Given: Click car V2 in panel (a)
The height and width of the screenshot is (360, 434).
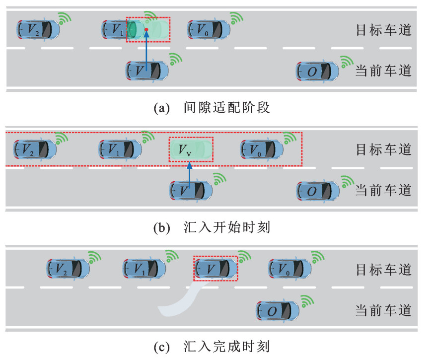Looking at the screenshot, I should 38,30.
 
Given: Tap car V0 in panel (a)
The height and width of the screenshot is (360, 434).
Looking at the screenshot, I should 209,29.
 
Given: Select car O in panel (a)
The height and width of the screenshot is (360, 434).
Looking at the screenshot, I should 317,71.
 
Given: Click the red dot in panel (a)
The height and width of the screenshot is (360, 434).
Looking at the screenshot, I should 147,30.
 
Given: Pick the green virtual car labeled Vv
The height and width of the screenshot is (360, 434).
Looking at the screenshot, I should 190,148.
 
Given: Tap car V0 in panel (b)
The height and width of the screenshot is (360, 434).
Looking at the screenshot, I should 261,148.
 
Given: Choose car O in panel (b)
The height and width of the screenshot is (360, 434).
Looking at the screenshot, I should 318,190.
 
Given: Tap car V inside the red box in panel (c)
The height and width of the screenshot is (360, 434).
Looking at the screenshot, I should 215,269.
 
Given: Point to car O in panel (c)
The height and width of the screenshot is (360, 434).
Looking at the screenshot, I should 277,311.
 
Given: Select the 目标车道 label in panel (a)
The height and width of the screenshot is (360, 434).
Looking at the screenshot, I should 383,29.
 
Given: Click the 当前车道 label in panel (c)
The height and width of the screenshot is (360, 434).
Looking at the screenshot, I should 383,311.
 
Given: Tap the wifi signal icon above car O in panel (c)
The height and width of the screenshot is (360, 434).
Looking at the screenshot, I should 308,299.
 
